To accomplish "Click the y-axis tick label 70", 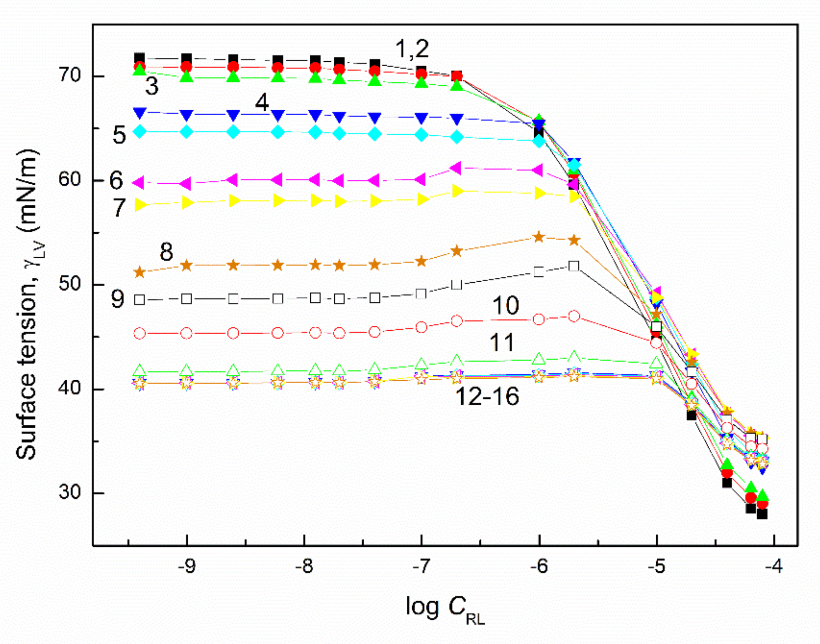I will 70,76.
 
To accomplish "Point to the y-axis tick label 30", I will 70,492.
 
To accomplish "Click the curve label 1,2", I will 412,49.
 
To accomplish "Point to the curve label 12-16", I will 487,397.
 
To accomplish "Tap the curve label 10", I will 505,305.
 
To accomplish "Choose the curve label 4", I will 262,102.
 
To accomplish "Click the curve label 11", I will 502,342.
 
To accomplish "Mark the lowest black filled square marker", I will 762,514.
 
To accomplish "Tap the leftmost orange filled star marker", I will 140,272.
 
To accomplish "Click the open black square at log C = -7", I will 421,294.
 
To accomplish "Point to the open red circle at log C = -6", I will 539,319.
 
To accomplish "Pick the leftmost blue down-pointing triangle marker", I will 140,112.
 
